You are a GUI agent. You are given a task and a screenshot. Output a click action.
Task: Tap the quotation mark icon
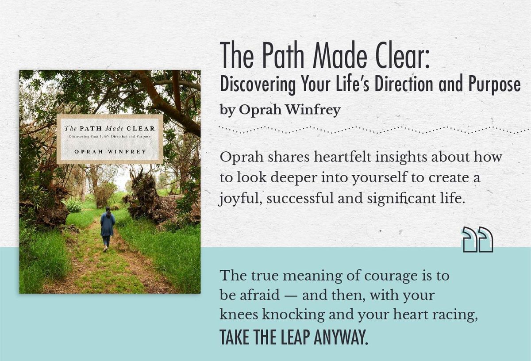(x=477, y=239)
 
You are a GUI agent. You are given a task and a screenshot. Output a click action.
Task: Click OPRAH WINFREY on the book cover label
(x=110, y=152)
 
